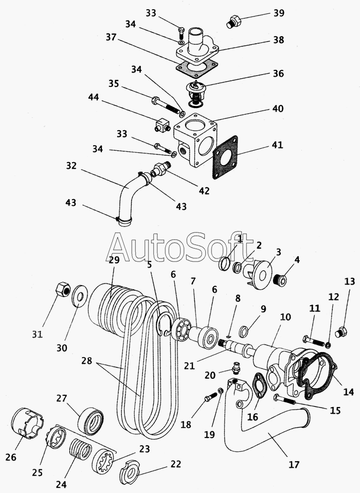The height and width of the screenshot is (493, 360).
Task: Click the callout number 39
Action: click(279, 13)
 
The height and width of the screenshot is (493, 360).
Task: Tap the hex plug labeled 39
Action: click(234, 21)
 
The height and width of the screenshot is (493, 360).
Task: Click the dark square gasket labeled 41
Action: click(225, 157)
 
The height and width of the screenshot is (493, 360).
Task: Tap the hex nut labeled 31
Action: click(63, 289)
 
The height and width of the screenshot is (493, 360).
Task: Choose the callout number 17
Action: click(294, 464)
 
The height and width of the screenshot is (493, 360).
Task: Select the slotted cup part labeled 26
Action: click(27, 423)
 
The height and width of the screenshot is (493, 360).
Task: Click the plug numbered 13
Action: click(341, 332)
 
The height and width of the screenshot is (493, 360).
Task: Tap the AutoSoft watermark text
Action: click(179, 248)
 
